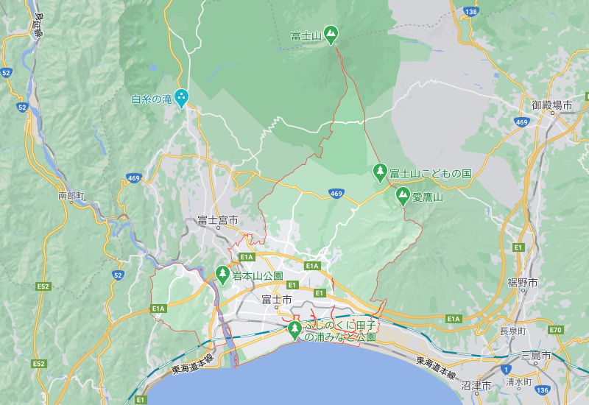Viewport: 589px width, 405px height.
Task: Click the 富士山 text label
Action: coord(303,35)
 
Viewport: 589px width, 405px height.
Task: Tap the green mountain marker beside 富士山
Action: coord(331,33)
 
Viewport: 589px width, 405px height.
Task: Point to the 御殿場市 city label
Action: coord(552,105)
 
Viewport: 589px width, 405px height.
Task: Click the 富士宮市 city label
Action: coord(217,220)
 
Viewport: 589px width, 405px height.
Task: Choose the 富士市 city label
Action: coord(277,300)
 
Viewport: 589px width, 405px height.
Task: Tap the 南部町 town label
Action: coord(71,196)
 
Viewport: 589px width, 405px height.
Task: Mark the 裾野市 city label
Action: coord(522,283)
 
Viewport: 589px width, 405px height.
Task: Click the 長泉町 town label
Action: coord(512,331)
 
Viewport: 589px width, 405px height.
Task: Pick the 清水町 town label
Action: coord(519,381)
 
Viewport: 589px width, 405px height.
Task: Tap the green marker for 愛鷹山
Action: coord(402,196)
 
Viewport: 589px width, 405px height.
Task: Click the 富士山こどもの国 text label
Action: coord(431,173)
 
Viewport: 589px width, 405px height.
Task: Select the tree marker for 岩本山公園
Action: coord(222,275)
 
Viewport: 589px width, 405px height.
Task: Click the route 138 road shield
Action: coord(470,12)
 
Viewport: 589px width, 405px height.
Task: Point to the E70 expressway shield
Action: coord(555,329)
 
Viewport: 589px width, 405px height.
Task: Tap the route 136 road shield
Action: coord(542,389)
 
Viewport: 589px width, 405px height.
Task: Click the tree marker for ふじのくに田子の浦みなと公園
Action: coord(294,329)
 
